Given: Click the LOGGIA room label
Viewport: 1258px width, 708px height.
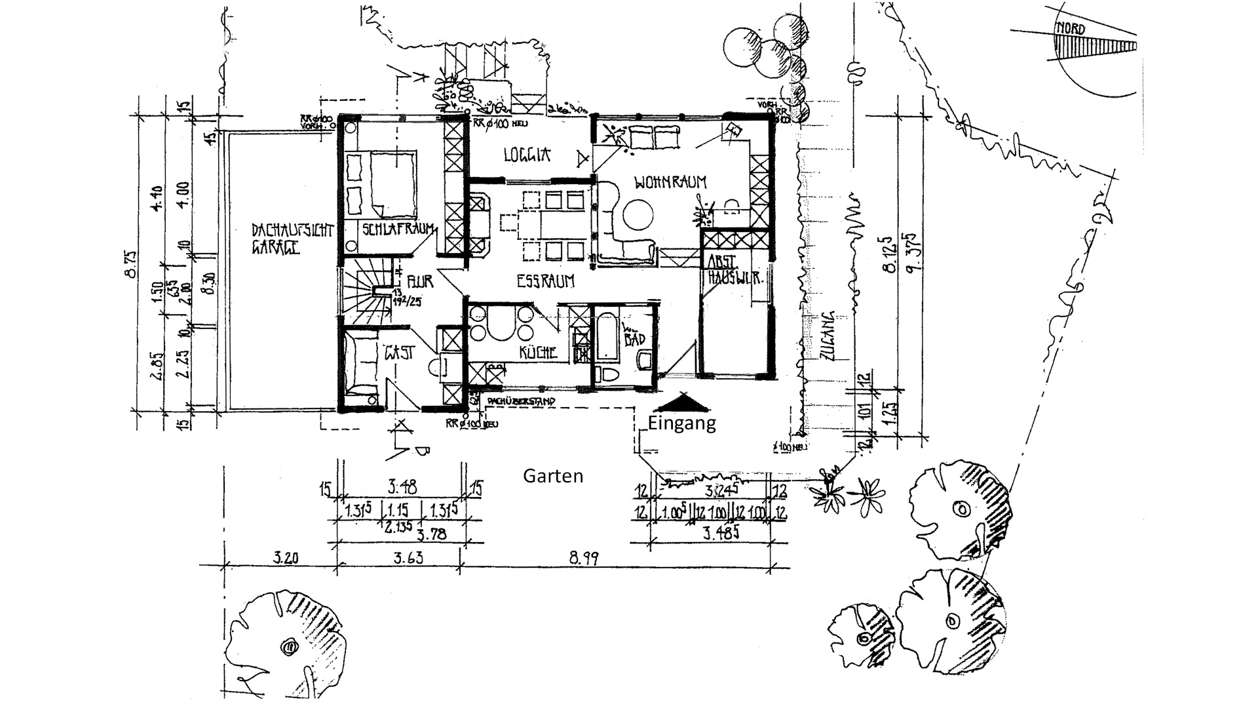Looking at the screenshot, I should [x=527, y=155].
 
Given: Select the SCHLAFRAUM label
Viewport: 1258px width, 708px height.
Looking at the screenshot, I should [x=398, y=229].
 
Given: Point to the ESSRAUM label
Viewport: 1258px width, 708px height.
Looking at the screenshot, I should [x=545, y=281].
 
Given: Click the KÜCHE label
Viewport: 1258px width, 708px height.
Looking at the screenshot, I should [x=538, y=353].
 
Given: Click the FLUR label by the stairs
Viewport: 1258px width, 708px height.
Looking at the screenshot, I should [x=419, y=282].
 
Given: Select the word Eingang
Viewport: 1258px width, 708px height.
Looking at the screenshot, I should [x=681, y=423].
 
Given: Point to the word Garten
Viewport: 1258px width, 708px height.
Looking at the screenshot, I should [x=553, y=476].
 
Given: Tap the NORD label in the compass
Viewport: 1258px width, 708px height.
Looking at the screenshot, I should [x=1069, y=29].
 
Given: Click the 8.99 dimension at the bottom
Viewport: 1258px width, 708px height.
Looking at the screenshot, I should [x=584, y=559].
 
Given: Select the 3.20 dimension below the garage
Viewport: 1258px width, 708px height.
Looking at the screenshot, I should [x=286, y=559].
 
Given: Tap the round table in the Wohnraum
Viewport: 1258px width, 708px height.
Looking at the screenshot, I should [x=638, y=214].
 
